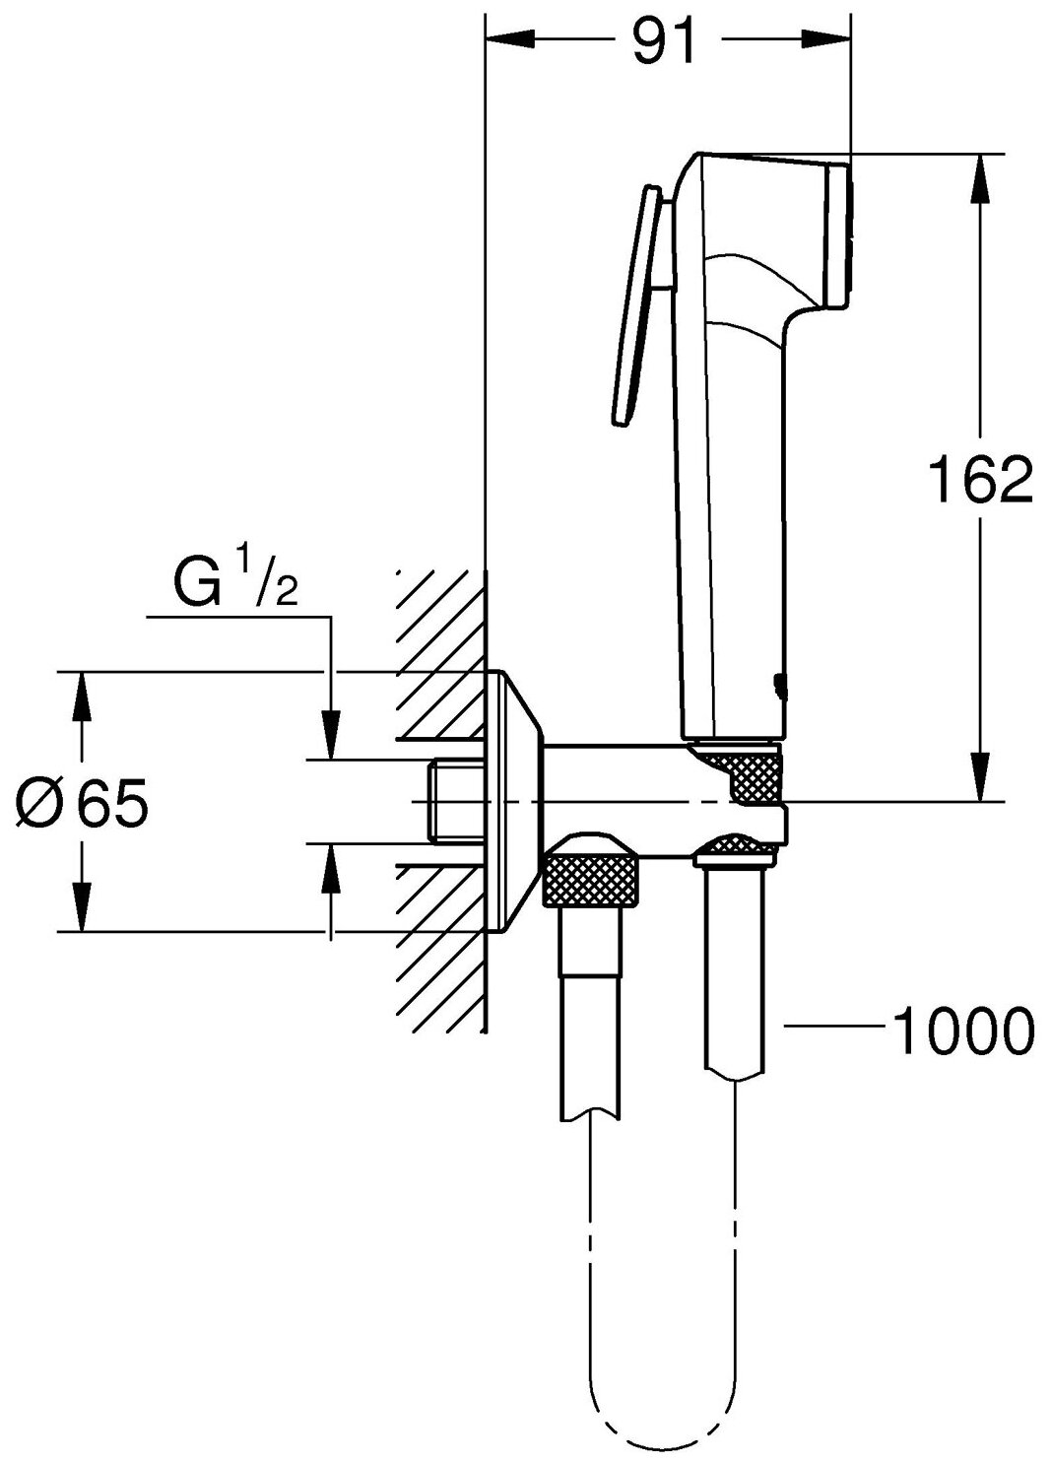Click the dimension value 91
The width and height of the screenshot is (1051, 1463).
pyautogui.click(x=662, y=41)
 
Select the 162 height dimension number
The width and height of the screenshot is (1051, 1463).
pyautogui.click(x=979, y=482)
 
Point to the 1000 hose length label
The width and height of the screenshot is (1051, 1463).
pyautogui.click(x=962, y=1030)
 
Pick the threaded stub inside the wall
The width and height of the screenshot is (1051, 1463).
pyautogui.click(x=455, y=801)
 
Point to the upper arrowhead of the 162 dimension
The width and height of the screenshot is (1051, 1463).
pyautogui.click(x=978, y=178)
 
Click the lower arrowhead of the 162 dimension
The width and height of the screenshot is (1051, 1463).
pyautogui.click(x=978, y=777)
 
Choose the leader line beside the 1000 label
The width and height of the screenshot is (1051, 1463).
pyautogui.click(x=832, y=1029)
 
